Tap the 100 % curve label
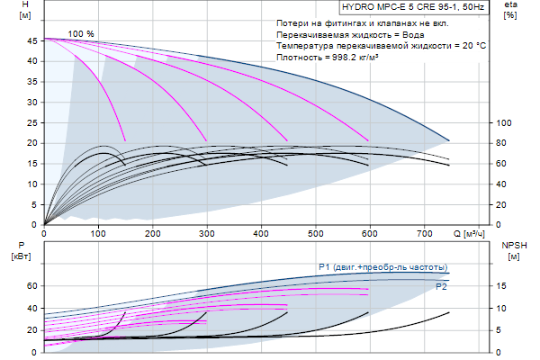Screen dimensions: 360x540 81,33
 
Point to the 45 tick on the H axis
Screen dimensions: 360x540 32,40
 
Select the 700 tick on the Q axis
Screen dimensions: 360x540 423,234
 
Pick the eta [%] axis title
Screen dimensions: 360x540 511,12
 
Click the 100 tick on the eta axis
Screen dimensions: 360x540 504,122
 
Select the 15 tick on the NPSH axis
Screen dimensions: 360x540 502,286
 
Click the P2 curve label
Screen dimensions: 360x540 441,286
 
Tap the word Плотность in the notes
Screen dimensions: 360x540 299,57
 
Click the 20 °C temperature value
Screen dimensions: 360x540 472,45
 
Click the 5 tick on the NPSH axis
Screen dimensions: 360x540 502,329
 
